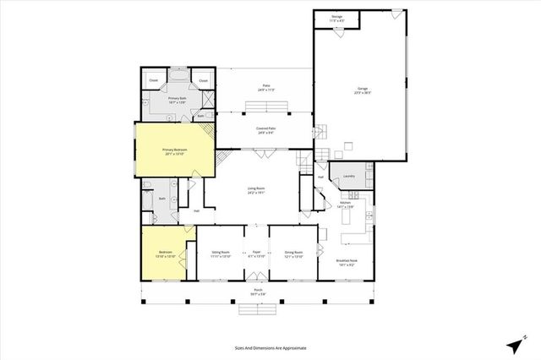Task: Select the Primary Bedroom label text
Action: click(x=175, y=152)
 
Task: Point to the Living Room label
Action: click(x=257, y=190)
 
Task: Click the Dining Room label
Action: click(x=294, y=254)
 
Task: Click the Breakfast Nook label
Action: click(x=347, y=262)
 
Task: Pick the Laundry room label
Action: click(x=349, y=177)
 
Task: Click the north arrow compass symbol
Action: click(x=515, y=344)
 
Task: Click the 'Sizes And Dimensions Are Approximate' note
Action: click(x=270, y=346)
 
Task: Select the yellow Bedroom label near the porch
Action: click(x=165, y=254)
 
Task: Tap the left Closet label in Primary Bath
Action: click(x=153, y=80)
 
